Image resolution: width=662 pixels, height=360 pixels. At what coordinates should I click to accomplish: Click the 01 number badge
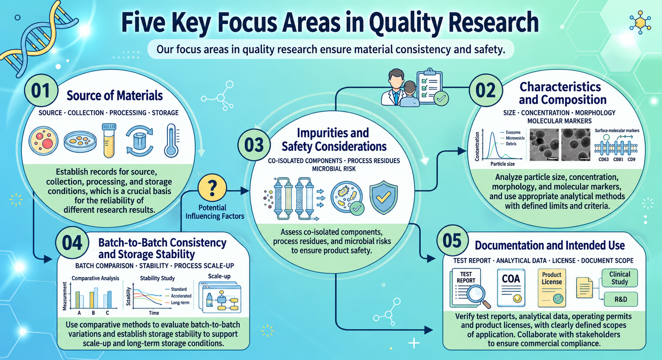[41, 90]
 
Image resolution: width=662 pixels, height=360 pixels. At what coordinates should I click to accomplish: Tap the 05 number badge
[453, 241]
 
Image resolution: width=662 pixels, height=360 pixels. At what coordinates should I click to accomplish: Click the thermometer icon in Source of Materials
[171, 140]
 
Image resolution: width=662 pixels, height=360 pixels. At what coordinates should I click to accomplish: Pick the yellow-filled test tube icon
[109, 140]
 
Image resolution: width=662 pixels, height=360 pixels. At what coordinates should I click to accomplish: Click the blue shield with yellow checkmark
[384, 197]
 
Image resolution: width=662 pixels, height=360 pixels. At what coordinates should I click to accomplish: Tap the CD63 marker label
[604, 160]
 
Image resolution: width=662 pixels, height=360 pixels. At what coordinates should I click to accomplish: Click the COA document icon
[511, 288]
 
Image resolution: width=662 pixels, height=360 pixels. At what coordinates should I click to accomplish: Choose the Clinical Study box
[620, 278]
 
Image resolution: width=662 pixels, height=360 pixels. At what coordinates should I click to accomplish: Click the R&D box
[621, 299]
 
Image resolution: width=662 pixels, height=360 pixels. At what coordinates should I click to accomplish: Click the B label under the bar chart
[93, 313]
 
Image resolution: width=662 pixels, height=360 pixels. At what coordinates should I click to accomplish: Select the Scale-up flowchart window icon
[220, 297]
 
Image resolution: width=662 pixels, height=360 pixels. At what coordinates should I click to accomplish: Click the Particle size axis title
[502, 164]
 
